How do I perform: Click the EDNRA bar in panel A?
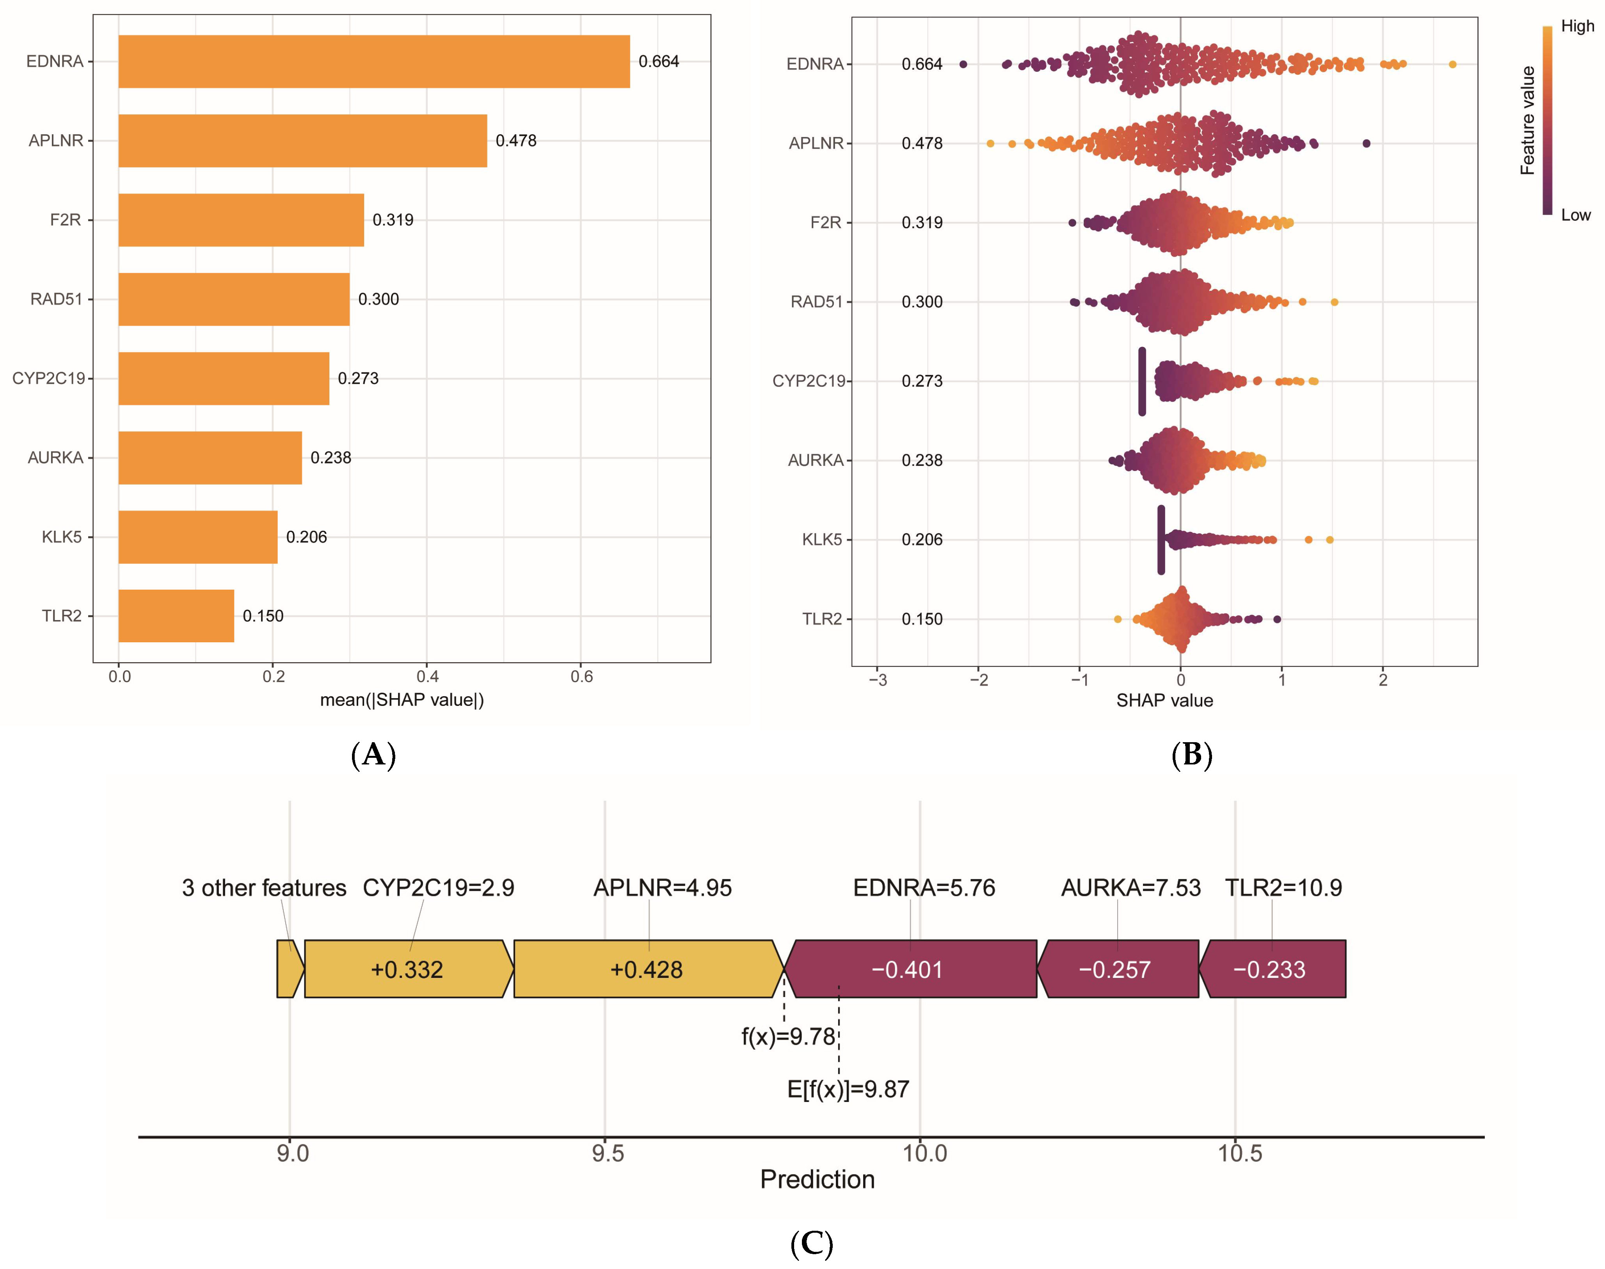tap(374, 62)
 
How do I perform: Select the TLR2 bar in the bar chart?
tap(176, 616)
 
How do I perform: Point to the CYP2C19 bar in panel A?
tap(224, 379)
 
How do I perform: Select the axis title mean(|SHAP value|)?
tap(402, 700)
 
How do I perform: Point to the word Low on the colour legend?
tap(1575, 215)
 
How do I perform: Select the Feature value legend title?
tap(1528, 120)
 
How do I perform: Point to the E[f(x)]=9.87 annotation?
tap(848, 1089)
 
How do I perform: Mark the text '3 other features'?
tap(264, 888)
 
